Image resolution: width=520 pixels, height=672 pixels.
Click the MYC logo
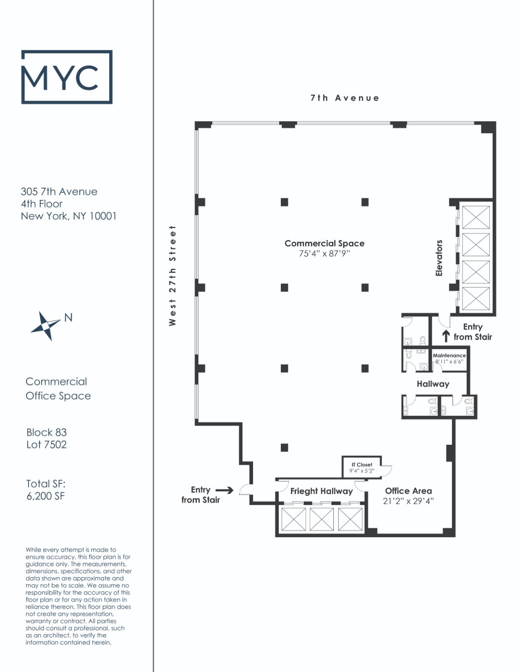tap(67, 77)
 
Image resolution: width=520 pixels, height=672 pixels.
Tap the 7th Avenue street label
tap(345, 98)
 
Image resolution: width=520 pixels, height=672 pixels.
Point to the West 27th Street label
tap(172, 276)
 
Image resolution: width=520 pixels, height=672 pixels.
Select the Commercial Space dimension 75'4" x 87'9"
tap(324, 254)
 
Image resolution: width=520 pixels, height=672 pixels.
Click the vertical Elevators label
tap(439, 258)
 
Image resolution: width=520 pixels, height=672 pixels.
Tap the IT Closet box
tap(362, 467)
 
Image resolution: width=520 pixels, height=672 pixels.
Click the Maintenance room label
tap(449, 355)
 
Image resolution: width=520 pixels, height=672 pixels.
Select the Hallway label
tap(433, 384)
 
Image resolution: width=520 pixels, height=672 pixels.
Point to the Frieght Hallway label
tap(321, 491)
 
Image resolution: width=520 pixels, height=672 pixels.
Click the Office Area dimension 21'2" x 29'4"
tap(408, 501)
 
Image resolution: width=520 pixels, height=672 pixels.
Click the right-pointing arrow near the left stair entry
tap(224, 490)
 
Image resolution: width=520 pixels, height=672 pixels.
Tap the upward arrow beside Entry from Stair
tap(446, 336)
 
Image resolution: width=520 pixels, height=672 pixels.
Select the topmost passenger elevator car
tap(476, 217)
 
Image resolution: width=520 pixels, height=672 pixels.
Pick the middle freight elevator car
tap(322, 519)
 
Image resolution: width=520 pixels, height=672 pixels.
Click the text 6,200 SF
tap(45, 496)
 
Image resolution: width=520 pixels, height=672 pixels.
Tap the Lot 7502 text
tap(46, 444)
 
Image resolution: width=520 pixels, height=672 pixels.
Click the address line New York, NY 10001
tap(69, 216)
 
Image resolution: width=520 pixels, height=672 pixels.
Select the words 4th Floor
tap(42, 204)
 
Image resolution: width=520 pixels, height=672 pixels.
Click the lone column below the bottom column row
tap(285, 447)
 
